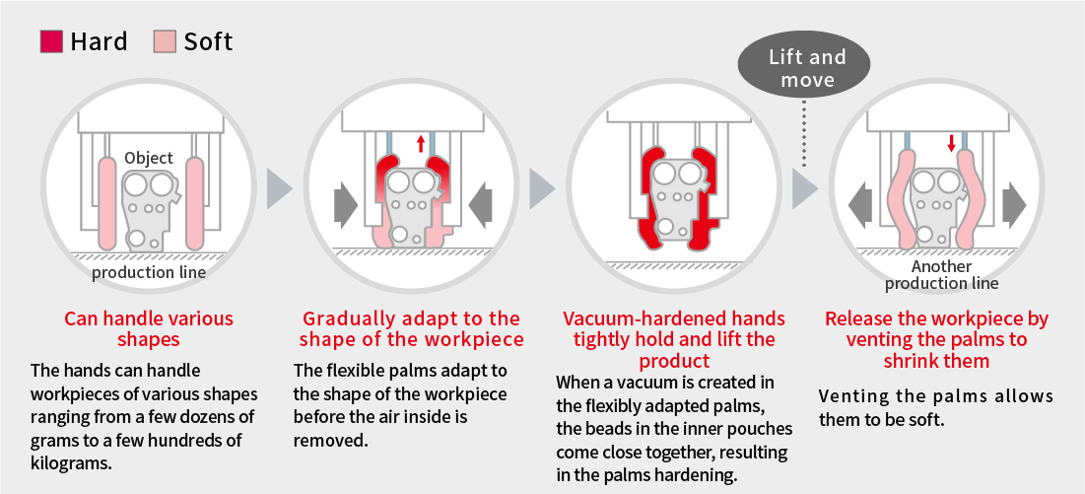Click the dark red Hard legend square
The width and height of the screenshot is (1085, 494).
tap(52, 41)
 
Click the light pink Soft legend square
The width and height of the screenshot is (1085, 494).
tap(165, 41)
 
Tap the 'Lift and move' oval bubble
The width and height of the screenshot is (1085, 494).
tap(807, 67)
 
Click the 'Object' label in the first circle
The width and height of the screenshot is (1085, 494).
tap(149, 158)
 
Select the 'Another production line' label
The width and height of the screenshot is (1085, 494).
tap(941, 275)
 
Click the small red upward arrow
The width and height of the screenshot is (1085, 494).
tap(420, 143)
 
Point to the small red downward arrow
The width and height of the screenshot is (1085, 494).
tap(951, 143)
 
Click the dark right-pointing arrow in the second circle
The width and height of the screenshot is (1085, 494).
tap(346, 205)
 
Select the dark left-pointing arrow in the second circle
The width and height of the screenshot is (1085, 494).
tap(481, 205)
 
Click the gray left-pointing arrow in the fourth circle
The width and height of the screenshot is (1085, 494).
tap(860, 205)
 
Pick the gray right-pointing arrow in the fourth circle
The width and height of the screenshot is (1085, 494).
tap(1014, 205)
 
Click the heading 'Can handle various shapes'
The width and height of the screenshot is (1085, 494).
tap(149, 328)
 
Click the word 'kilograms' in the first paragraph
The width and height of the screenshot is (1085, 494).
tap(69, 462)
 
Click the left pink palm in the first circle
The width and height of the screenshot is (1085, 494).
tap(108, 204)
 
